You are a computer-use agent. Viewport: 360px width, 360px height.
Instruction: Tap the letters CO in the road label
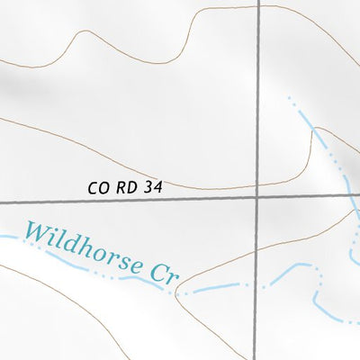point(99,188)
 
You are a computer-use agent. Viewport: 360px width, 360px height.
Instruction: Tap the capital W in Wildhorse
point(36,233)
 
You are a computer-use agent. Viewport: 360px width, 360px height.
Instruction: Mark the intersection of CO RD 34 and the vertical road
point(257,195)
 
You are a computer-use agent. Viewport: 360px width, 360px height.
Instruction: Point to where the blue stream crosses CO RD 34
point(346,194)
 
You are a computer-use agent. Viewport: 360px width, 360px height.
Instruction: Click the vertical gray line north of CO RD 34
point(257,90)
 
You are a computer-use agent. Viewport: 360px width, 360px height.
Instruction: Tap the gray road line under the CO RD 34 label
point(126,200)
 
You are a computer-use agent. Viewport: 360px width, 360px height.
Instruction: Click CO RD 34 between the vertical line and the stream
point(301,195)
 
